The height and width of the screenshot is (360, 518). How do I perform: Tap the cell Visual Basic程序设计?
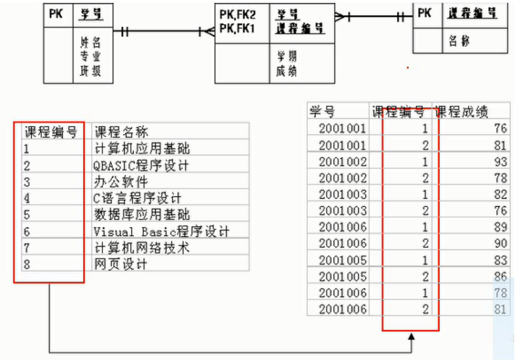[x=161, y=231]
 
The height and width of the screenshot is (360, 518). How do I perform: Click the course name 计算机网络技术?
[x=141, y=247]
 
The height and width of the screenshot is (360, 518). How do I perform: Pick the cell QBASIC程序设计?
[x=141, y=165]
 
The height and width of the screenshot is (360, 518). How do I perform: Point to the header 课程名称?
[x=121, y=132]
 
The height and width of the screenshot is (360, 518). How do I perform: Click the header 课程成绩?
[x=461, y=111]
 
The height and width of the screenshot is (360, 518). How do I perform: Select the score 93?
[x=500, y=162]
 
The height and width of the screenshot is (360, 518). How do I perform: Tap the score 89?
[x=500, y=227]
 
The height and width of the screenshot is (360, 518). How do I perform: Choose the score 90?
[x=500, y=243]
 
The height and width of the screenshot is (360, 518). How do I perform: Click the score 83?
[x=500, y=260]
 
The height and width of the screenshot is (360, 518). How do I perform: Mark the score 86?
[x=500, y=276]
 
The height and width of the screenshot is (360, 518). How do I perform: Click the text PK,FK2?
[x=238, y=15]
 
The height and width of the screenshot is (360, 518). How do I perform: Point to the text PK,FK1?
[x=238, y=28]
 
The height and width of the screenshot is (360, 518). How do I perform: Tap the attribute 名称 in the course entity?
[x=459, y=42]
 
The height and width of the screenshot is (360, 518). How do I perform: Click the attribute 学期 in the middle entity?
[x=287, y=57]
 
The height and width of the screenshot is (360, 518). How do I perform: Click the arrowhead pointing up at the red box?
[x=411, y=337]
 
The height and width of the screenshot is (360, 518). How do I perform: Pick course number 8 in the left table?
[x=27, y=264]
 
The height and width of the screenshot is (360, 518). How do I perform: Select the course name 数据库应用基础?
[x=141, y=215]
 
